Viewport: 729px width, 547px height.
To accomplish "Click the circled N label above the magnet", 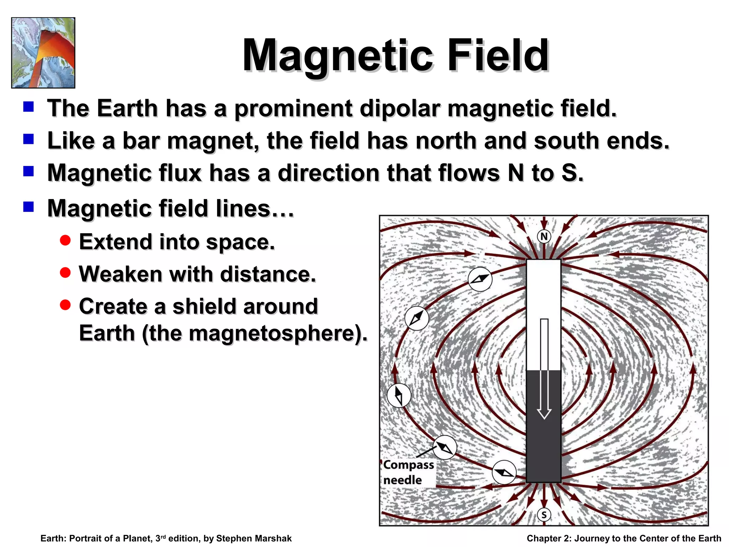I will coord(544,236).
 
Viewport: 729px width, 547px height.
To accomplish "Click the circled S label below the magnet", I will coord(544,515).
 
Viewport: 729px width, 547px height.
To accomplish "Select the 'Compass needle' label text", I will coord(408,472).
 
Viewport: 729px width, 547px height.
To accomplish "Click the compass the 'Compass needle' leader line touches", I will coord(445,447).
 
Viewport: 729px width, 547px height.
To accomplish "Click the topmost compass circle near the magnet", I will coord(480,279).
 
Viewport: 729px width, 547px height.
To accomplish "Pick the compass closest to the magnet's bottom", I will coord(504,472).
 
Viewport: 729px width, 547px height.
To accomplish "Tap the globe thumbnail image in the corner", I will coord(43,53).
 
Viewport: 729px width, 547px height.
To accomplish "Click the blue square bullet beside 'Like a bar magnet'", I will coord(28,139).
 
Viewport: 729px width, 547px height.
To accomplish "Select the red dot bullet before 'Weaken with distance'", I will coord(65,273).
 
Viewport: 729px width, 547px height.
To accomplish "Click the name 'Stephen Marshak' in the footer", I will coord(253,538).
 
